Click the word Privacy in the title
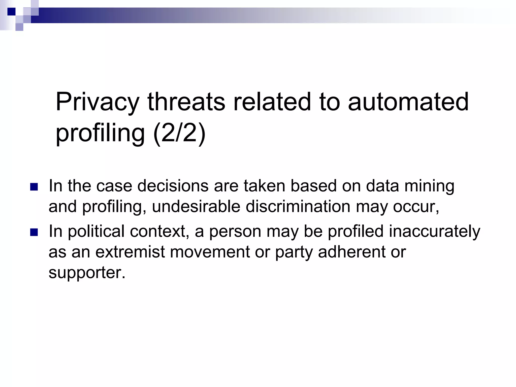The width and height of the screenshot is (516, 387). click(97, 102)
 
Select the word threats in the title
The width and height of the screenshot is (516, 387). click(186, 102)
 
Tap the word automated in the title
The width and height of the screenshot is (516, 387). click(408, 102)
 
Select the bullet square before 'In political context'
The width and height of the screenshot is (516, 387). click(34, 232)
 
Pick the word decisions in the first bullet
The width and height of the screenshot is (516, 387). click(173, 186)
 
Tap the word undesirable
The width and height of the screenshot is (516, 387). click(196, 207)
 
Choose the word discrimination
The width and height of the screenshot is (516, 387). click(298, 207)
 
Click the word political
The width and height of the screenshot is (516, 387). click(96, 231)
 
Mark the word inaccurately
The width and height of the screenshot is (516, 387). click(435, 231)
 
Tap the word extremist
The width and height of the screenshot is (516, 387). click(130, 252)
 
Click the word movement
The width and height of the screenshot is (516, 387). click(210, 252)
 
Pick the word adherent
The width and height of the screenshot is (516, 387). click(352, 252)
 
